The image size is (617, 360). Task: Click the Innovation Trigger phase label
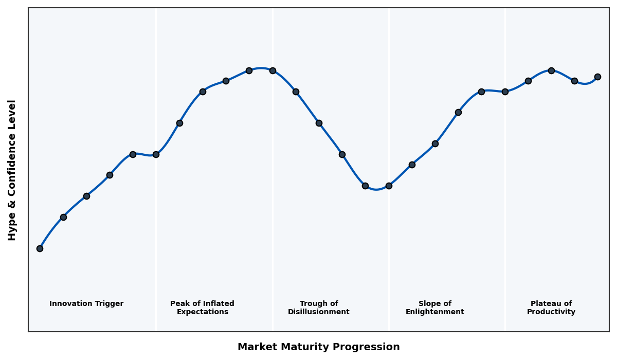pyautogui.click(x=86, y=304)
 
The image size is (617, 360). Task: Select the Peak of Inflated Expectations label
pyautogui.click(x=202, y=308)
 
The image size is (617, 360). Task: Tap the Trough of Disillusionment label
pyautogui.click(x=319, y=308)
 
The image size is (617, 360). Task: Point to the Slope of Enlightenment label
pyautogui.click(x=435, y=308)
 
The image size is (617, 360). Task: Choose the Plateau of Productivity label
pyautogui.click(x=551, y=308)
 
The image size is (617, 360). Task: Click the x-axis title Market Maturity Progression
pyautogui.click(x=319, y=347)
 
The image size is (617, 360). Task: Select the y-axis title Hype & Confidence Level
pyautogui.click(x=12, y=170)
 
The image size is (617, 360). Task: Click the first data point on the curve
pyautogui.click(x=40, y=248)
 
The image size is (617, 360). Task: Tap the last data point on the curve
pyautogui.click(x=597, y=77)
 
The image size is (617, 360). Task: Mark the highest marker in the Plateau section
pyautogui.click(x=551, y=70)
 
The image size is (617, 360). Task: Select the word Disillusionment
pyautogui.click(x=319, y=312)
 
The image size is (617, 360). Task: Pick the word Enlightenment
pyautogui.click(x=435, y=312)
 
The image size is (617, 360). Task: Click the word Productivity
pyautogui.click(x=551, y=312)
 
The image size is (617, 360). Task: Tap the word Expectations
pyautogui.click(x=202, y=312)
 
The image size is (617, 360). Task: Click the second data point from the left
pyautogui.click(x=63, y=217)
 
